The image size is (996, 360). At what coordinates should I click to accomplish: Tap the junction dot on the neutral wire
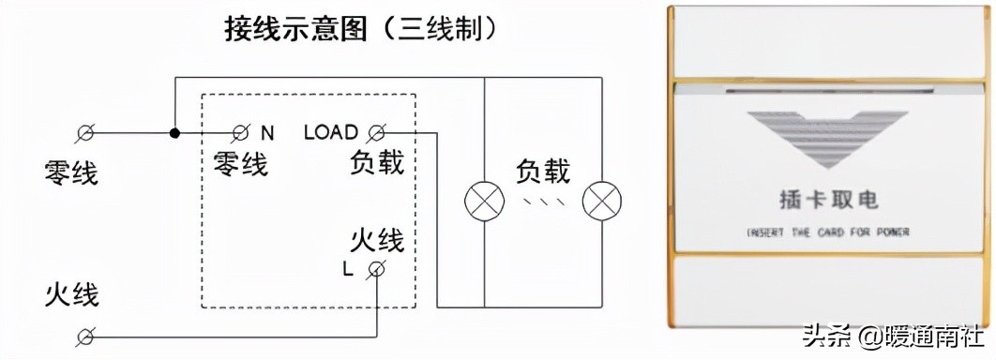(174, 133)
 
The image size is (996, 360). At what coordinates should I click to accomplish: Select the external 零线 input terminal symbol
(86, 133)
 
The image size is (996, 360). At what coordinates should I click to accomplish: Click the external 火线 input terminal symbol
(86, 336)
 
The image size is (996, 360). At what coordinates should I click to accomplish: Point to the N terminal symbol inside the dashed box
(241, 133)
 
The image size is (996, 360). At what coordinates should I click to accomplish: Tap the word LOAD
(330, 133)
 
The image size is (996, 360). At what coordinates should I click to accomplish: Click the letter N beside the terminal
(267, 133)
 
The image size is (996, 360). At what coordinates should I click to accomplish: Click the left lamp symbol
(484, 201)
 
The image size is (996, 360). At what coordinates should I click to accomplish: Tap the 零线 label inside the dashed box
(240, 164)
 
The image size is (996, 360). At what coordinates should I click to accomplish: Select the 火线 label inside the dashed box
(377, 240)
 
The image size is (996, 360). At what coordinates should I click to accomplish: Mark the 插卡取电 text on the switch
(828, 200)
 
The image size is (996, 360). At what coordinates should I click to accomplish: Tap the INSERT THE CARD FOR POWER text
(828, 232)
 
